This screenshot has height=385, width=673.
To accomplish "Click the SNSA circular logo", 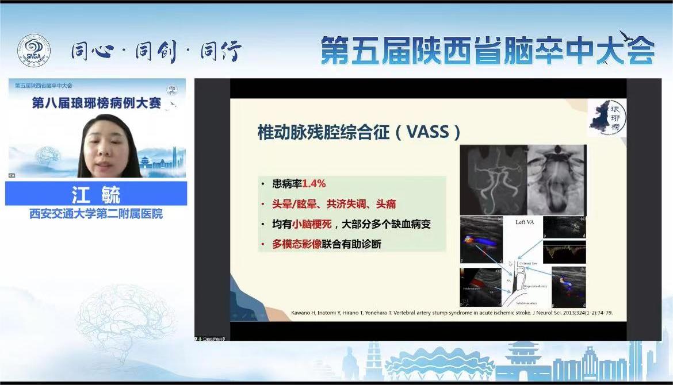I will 33,51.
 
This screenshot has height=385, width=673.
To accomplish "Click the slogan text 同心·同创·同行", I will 156,52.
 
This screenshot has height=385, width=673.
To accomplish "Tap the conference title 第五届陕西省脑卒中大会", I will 487,51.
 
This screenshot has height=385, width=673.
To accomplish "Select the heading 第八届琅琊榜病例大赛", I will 97,103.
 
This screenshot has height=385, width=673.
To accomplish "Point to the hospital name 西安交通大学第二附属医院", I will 96,214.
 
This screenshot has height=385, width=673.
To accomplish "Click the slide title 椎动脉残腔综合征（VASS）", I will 359,132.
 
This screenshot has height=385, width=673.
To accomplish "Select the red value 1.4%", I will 314,184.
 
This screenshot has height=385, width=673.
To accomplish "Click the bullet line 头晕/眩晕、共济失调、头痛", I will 334,204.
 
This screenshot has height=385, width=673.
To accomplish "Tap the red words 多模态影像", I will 297,244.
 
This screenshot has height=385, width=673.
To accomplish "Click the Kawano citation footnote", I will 429,313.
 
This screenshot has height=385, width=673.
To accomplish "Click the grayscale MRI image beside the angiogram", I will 556,179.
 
